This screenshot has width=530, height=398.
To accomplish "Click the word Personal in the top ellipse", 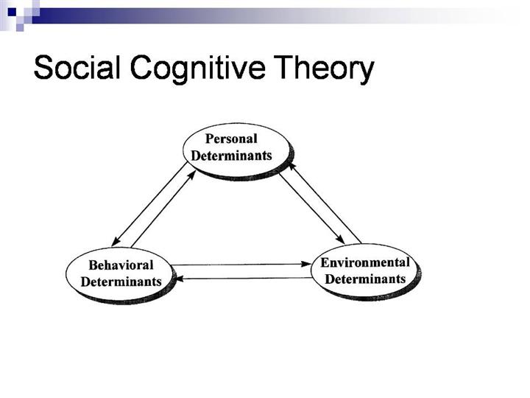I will pos(231,139).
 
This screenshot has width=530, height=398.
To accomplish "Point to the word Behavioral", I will pos(121,265).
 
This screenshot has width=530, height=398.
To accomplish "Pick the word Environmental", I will pos(365,263).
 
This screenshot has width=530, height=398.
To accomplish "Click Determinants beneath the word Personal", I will pos(231,156).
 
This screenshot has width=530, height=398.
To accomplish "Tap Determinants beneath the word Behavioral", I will pos(121,282).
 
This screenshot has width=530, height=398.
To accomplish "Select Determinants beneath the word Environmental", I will pos(365,279).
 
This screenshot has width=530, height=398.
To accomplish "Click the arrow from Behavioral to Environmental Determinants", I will pos(243,263).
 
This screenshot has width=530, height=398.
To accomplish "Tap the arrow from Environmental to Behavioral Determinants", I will pos(243,278).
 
